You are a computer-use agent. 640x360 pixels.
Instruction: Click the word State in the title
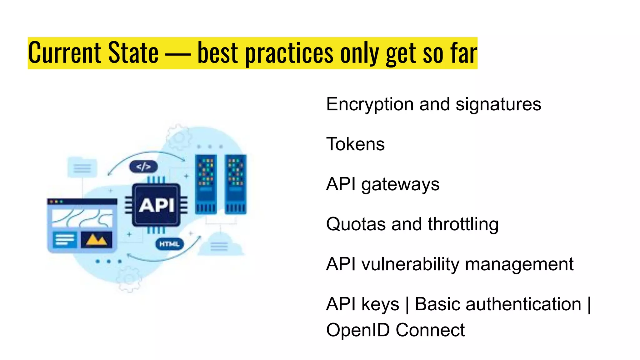pos(133,53)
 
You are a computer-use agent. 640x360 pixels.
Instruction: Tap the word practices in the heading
pos(289,54)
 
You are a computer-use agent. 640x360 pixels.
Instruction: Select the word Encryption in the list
pos(370,104)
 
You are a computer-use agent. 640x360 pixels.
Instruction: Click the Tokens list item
pos(355,144)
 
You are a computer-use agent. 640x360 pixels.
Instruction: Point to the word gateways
pos(400,184)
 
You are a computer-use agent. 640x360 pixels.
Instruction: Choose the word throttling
pos(463,224)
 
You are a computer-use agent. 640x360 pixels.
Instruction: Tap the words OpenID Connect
pos(395,330)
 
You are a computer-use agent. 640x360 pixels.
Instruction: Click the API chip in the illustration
pos(156,205)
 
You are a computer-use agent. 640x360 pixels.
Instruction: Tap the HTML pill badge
pos(169,244)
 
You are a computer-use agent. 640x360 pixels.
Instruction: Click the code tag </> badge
pos(143,167)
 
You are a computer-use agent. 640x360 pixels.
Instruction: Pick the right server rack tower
pos(236,184)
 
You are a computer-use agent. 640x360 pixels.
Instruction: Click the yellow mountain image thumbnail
pos(96,240)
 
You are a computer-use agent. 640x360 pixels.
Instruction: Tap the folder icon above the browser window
pos(82,167)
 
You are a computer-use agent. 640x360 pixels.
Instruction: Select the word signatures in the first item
pos(498,104)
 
